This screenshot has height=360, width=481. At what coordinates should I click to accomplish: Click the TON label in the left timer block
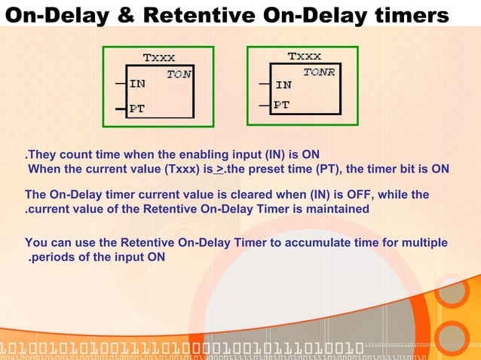179,74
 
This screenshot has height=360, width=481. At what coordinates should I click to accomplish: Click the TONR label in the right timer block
320,72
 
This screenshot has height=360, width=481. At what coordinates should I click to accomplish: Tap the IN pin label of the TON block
137,84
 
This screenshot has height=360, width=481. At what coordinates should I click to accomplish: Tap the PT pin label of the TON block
136,108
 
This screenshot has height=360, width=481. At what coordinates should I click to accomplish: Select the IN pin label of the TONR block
283,85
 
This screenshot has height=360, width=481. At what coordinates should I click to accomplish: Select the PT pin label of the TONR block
281,105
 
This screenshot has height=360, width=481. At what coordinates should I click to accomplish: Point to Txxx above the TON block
159,57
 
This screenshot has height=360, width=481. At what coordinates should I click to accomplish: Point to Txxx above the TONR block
304,56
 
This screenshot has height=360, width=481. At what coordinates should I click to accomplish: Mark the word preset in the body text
274,169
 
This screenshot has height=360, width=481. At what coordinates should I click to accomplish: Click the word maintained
335,209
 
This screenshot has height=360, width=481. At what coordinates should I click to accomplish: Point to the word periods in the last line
54,258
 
